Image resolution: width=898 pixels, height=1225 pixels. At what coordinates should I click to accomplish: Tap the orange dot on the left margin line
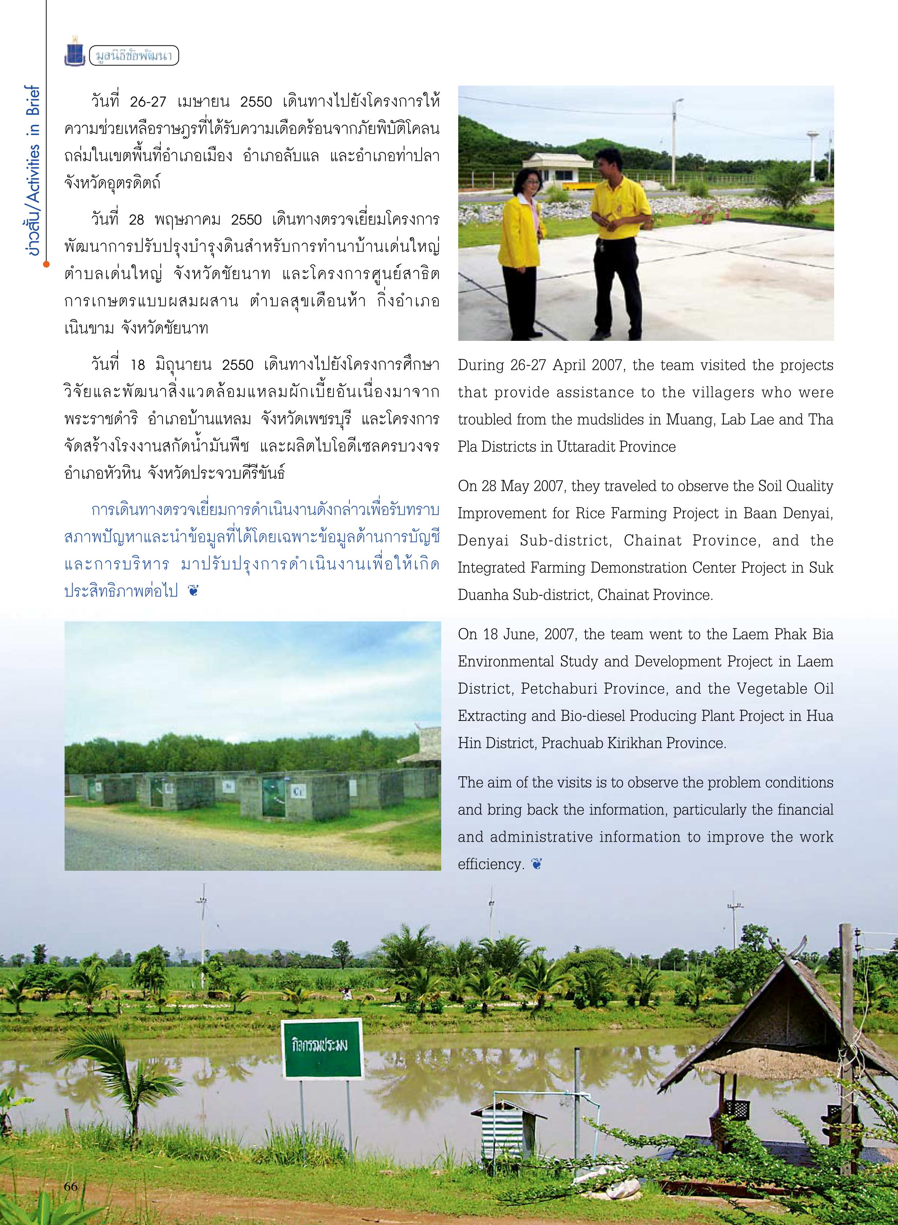46,265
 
